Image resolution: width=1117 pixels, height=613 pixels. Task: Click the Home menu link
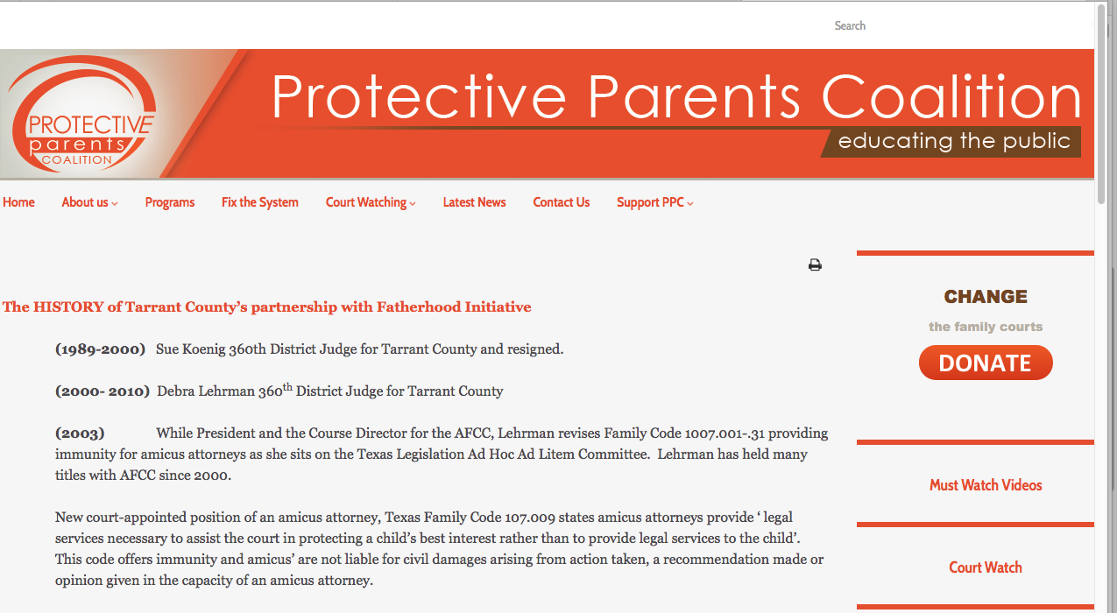point(18,202)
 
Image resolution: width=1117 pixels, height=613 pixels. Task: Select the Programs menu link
point(170,202)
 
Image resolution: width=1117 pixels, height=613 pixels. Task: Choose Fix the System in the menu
point(260,202)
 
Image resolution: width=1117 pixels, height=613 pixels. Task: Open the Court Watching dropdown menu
point(371,202)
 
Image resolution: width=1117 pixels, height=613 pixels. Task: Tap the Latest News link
point(474,202)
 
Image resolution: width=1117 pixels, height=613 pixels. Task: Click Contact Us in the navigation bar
point(562,202)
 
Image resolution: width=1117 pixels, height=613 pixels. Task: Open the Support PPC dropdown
point(654,202)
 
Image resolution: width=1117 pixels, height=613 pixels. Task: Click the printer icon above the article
point(815,265)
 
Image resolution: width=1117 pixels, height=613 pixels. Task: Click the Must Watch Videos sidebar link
point(986,485)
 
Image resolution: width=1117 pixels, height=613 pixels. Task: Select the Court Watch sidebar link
point(986,567)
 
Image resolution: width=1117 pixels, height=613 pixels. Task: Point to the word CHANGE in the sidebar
point(986,297)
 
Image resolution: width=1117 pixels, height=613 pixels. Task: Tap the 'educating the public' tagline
point(954,142)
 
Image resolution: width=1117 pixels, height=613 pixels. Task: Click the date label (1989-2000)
point(100,349)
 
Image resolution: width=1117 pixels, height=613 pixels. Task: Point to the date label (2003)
point(80,433)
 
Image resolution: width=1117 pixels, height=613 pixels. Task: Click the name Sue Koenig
point(190,349)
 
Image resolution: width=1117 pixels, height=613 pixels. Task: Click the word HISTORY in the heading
point(68,307)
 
